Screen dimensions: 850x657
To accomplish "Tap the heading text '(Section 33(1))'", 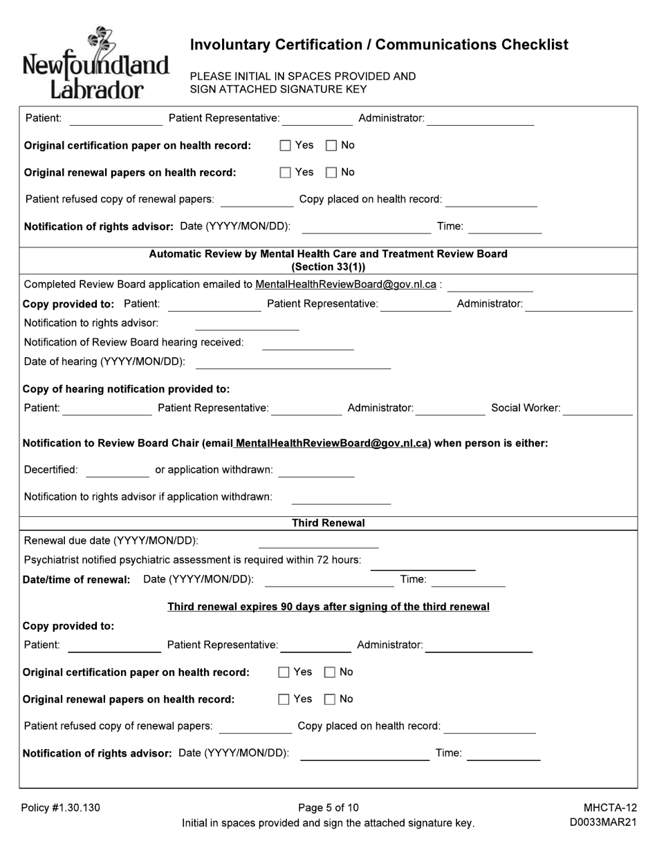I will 328,267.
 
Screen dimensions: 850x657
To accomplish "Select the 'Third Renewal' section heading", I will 328,523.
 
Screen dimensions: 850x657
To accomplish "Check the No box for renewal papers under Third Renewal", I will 330,699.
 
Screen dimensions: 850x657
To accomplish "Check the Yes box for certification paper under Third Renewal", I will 284,672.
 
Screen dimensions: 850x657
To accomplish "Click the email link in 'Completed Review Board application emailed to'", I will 346,285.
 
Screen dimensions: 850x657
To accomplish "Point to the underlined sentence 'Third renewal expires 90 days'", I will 328,607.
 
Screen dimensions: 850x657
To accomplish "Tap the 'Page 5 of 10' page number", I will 328,808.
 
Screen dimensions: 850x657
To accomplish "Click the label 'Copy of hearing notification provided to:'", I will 127,389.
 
